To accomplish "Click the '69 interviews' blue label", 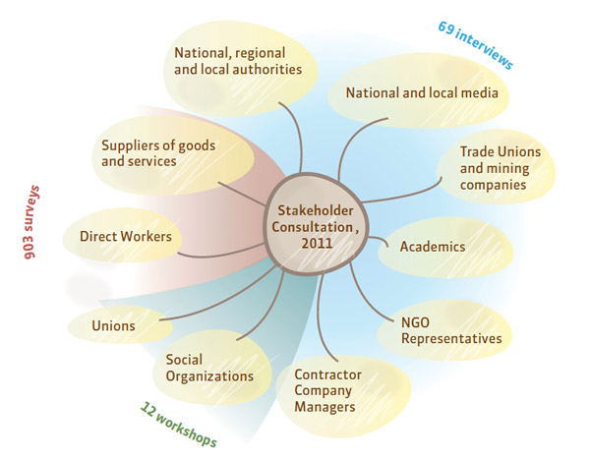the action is tap(476, 45).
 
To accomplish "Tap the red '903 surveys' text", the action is tap(31, 222).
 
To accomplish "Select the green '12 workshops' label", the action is tap(178, 425).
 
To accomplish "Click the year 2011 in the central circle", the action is tap(317, 244).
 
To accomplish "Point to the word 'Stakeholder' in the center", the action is tap(316, 210).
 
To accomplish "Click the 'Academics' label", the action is tap(433, 247).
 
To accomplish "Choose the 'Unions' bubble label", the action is tap(113, 325).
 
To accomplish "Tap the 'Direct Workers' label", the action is tap(126, 237).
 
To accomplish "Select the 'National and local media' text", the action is tap(422, 92).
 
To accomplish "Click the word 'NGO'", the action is tap(415, 322).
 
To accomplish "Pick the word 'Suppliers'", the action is tap(128, 146).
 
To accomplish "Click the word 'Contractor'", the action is tap(327, 375).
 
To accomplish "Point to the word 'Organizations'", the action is tap(209, 376).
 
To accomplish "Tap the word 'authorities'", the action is tap(266, 69).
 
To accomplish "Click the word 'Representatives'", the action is tap(451, 339).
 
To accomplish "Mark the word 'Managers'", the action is tap(324, 407).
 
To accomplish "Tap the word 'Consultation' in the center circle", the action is tap(313, 227).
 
